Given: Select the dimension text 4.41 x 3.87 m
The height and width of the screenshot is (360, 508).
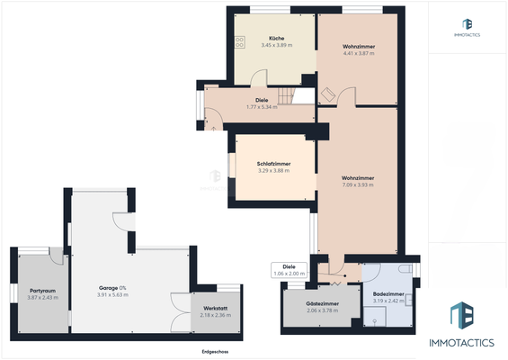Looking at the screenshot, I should point(359,53).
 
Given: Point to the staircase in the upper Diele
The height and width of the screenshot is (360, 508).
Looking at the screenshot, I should point(287,95).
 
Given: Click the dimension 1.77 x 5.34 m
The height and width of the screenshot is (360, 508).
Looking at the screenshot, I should point(262,107).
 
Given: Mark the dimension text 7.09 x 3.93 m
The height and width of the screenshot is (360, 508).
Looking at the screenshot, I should point(358,184).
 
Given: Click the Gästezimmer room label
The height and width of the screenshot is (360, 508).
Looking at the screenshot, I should point(322,304).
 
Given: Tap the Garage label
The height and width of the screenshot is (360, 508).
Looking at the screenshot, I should point(111,287).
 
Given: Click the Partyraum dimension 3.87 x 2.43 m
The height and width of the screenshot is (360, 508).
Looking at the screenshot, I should point(42,297).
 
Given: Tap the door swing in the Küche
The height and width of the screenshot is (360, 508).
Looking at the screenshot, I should point(212,119).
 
